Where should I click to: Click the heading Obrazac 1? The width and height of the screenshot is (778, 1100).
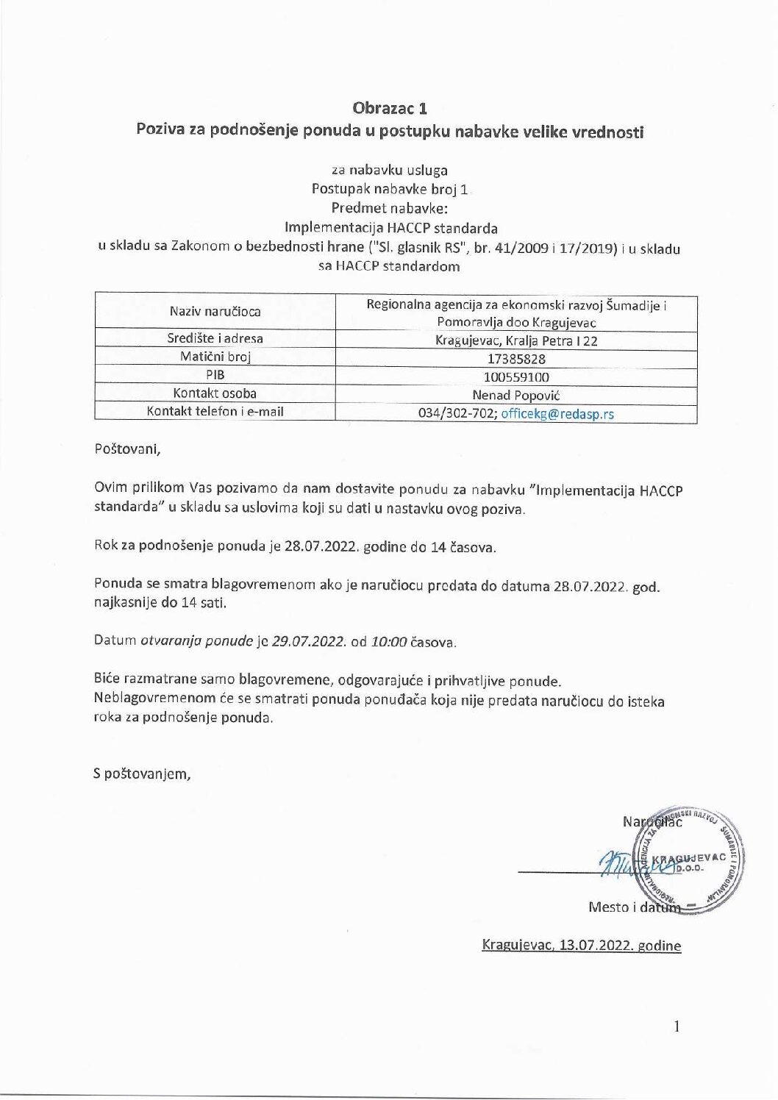click(x=390, y=108)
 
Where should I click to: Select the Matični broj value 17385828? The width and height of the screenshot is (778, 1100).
click(x=516, y=360)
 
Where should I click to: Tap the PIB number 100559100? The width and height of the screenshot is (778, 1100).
click(x=516, y=377)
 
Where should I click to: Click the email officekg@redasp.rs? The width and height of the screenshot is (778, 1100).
click(x=557, y=413)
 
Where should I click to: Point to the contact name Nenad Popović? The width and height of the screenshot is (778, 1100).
click(x=516, y=395)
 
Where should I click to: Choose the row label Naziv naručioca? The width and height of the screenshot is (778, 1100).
click(x=215, y=311)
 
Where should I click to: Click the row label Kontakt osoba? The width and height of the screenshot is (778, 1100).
click(x=215, y=393)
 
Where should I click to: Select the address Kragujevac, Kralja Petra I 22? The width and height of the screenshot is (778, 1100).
click(x=516, y=341)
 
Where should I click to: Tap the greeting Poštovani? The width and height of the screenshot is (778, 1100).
click(x=126, y=449)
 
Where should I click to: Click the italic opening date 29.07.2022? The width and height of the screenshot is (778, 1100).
click(x=309, y=640)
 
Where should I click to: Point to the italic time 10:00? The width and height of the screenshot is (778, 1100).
click(x=389, y=640)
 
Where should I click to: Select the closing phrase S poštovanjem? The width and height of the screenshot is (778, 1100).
click(x=142, y=774)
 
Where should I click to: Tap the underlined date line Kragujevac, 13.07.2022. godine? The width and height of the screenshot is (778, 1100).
click(x=581, y=946)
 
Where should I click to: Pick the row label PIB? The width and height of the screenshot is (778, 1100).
click(x=215, y=375)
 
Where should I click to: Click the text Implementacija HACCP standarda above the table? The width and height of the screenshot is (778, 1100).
click(x=390, y=227)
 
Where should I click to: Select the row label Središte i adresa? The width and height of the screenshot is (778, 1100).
click(x=215, y=339)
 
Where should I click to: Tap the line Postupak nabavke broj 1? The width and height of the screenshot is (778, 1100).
click(x=390, y=189)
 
